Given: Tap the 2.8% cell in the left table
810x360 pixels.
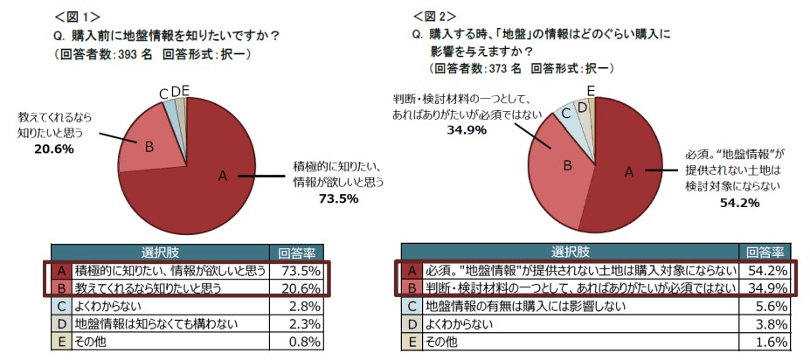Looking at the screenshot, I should (x=301, y=307).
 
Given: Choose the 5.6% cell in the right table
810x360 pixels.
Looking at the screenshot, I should (x=767, y=307).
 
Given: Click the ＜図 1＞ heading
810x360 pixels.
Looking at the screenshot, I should (x=77, y=17).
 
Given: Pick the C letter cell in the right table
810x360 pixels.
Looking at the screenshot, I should (x=410, y=307).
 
